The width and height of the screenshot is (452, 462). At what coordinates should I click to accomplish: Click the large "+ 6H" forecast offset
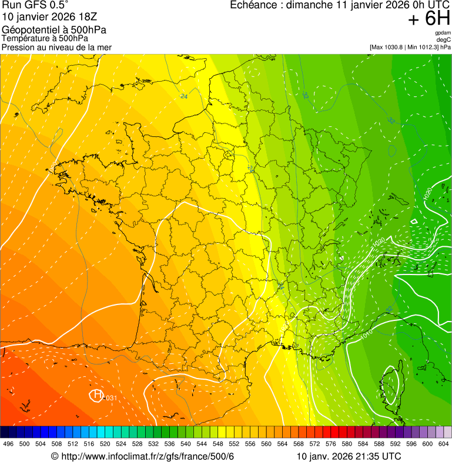pyautogui.click(x=429, y=20)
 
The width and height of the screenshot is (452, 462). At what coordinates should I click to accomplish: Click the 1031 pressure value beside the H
pyautogui.click(x=110, y=399)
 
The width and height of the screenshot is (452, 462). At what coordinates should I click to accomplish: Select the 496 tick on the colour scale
pyautogui.click(x=8, y=444)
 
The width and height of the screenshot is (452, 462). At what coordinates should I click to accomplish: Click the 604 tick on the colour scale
pyautogui.click(x=444, y=444)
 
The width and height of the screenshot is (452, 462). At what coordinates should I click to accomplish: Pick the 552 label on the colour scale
pyautogui.click(x=233, y=444)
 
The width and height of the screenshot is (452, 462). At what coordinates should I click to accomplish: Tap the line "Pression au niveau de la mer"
pyautogui.click(x=56, y=47)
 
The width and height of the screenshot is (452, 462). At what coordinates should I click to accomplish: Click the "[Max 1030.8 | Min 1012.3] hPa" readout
pyautogui.click(x=410, y=47)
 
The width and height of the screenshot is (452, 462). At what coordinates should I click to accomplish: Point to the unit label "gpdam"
pyautogui.click(x=443, y=33)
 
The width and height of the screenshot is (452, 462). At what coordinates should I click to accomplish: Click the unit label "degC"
pyautogui.click(x=444, y=39)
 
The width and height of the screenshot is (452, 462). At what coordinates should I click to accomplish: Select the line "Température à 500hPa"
pyautogui.click(x=45, y=38)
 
